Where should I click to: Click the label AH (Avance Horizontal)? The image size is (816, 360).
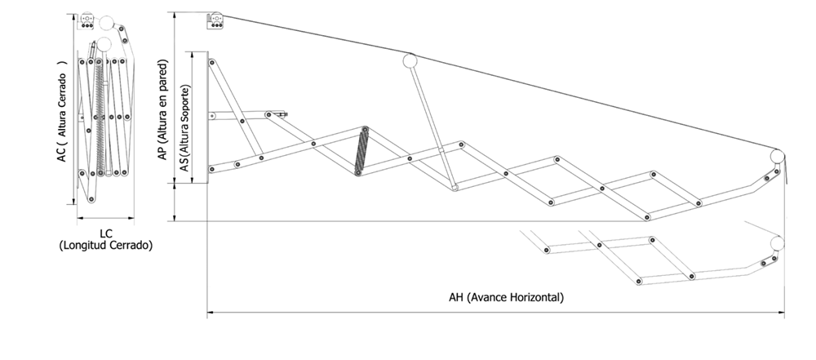(x=506, y=298)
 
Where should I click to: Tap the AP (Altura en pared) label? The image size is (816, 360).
(x=163, y=109)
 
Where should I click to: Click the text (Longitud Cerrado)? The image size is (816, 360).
(x=105, y=246)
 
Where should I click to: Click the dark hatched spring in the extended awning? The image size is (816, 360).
(x=361, y=151)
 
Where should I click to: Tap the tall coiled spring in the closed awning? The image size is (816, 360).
(x=100, y=118)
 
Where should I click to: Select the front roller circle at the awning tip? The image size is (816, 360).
(x=777, y=156)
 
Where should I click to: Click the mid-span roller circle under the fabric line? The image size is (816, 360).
(x=410, y=61)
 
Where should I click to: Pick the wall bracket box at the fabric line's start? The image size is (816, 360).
(x=215, y=21)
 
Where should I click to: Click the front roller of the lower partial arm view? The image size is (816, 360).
(x=777, y=243)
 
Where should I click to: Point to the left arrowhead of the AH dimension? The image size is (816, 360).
(x=211, y=313)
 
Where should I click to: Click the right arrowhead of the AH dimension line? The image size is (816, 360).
(x=781, y=313)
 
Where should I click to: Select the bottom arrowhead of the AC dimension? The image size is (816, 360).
(x=73, y=201)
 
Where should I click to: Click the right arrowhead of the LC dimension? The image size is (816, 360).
(x=131, y=218)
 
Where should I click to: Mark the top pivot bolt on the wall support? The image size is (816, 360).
(x=212, y=63)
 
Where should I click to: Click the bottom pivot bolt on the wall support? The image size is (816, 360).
(x=211, y=169)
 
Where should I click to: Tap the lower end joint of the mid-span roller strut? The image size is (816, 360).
(x=455, y=188)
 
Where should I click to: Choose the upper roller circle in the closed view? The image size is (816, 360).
(x=106, y=23)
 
